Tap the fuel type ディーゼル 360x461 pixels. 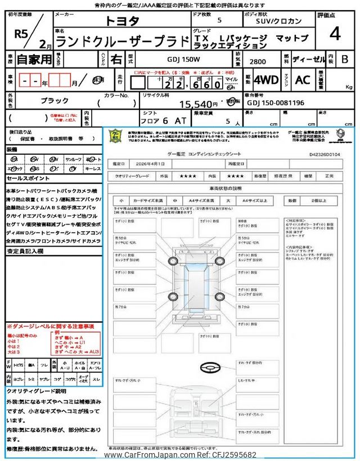point(306,59)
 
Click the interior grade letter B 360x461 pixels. point(345,59)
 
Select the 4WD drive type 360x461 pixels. point(266,80)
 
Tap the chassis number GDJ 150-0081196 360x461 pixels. point(276,104)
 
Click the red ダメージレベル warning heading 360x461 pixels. point(50,326)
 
